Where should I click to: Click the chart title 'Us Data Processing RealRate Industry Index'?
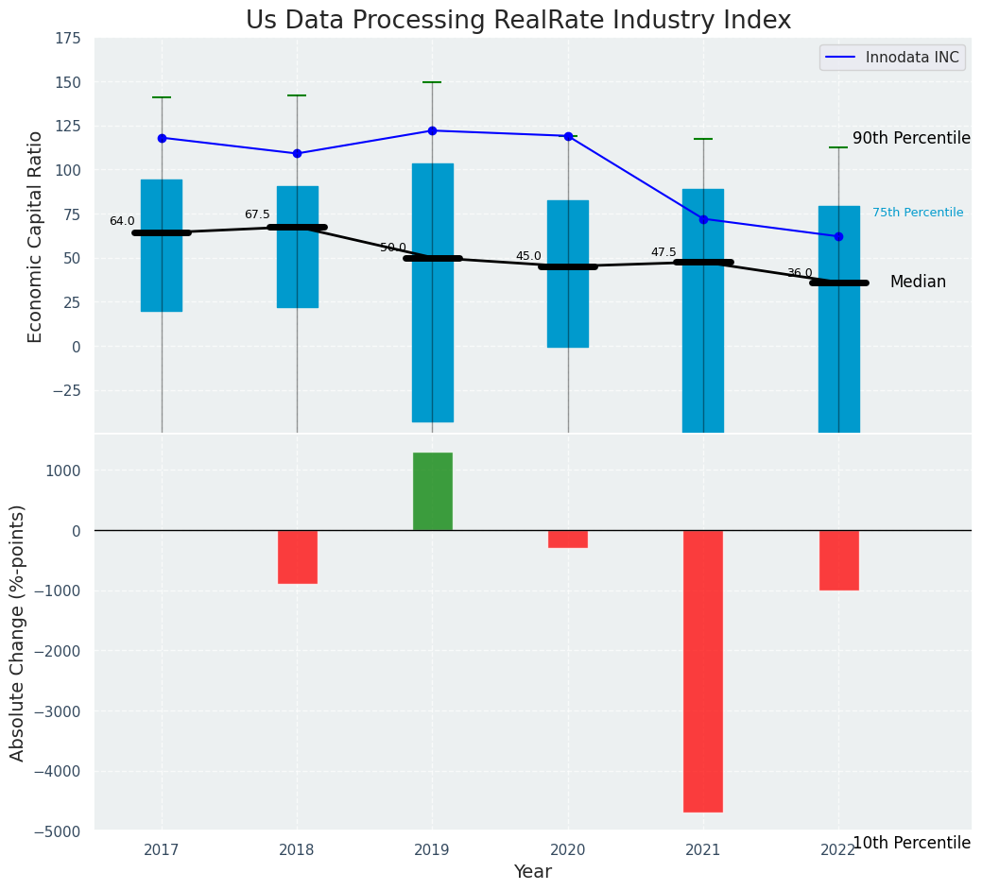coord(518,21)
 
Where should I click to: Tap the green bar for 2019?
coord(432,491)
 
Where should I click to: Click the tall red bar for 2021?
coord(703,671)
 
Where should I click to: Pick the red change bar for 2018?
coord(297,556)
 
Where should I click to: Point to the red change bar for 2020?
coord(568,539)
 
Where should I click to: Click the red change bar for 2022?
coord(838,559)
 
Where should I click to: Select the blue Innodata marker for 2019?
coord(432,130)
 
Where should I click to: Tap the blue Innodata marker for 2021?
coord(703,219)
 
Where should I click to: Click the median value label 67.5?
coord(257,214)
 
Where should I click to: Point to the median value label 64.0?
coord(122,221)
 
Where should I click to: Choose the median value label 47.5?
coord(663,252)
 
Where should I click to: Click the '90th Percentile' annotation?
coord(911,138)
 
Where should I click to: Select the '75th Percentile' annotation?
coord(918,213)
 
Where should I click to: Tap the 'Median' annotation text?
coord(918,282)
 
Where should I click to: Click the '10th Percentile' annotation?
coord(911,843)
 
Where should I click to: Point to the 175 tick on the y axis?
coord(67,40)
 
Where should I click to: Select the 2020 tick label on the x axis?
coord(568,850)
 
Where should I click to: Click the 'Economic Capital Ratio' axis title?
coord(36,236)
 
